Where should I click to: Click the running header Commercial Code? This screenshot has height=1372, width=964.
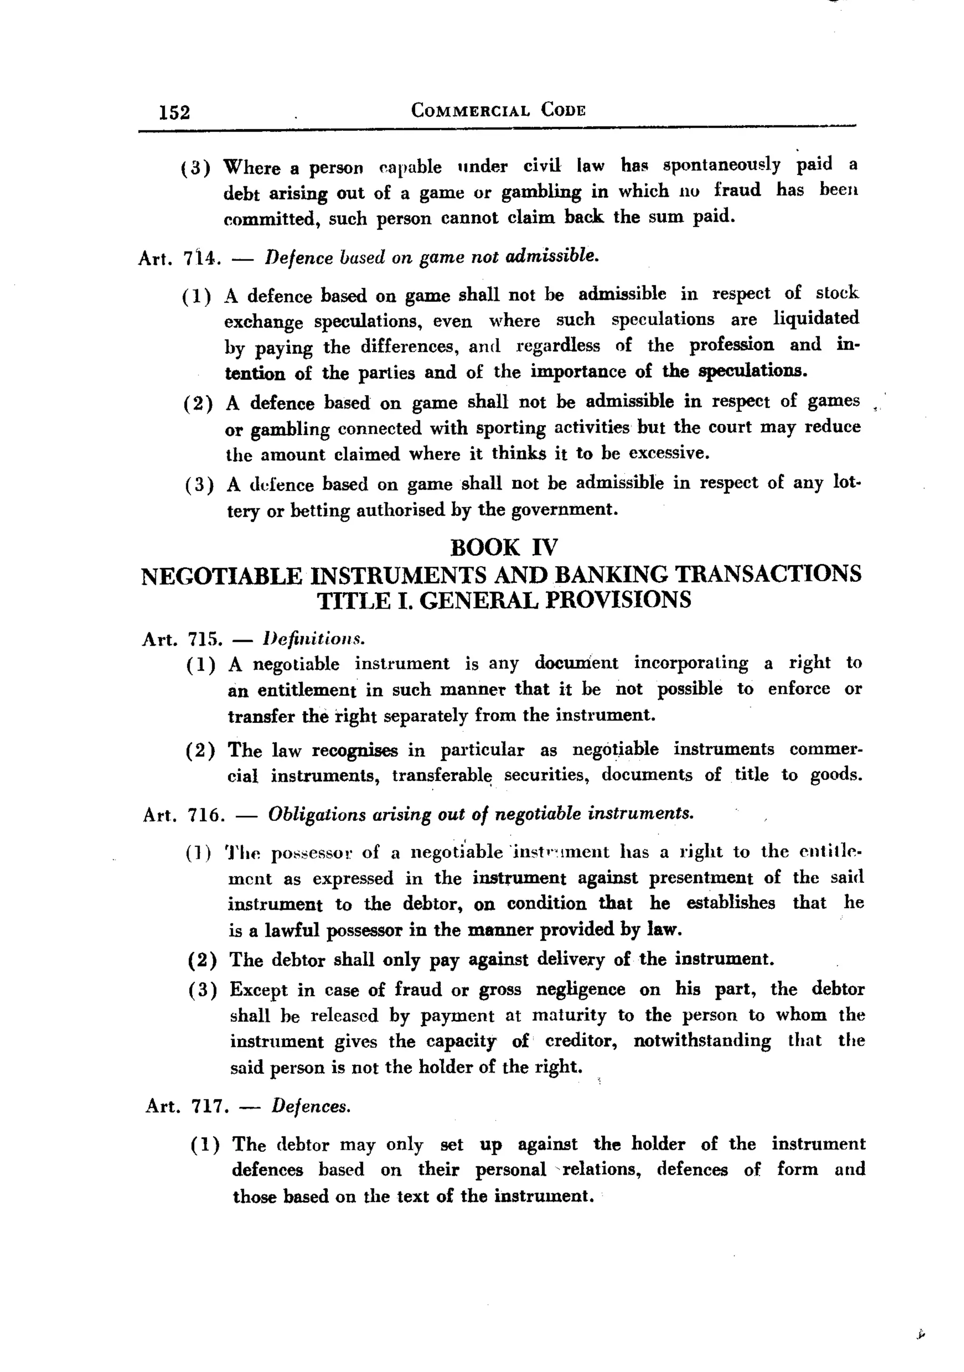tap(498, 111)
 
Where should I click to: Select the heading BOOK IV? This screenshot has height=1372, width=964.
tap(503, 547)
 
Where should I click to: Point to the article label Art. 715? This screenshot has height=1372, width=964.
tap(182, 639)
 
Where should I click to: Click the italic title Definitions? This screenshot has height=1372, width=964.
tap(314, 639)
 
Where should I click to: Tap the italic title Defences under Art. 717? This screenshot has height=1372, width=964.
tap(311, 1107)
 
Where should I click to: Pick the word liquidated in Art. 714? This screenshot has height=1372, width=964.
tap(816, 318)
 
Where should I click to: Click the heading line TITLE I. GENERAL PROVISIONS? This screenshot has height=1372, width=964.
tap(503, 600)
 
